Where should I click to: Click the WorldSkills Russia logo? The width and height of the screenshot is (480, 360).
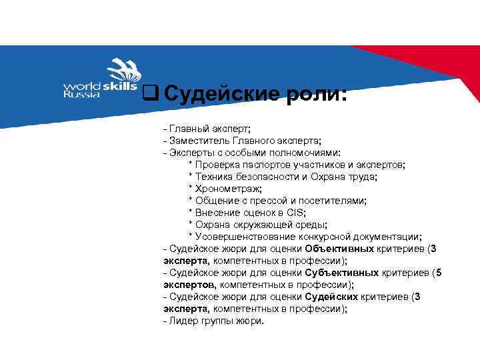100,79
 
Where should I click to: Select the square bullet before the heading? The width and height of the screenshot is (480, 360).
150,94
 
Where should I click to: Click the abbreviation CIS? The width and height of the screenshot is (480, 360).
294,213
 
